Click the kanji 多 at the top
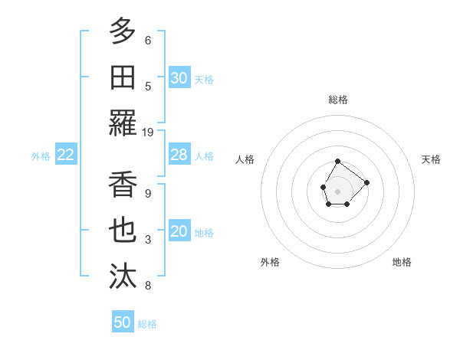click(x=123, y=31)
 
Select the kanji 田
click(x=123, y=77)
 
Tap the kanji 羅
click(x=123, y=123)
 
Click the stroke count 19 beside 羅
click(x=148, y=132)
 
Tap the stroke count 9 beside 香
click(x=148, y=194)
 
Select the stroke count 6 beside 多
click(x=148, y=40)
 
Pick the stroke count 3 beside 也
click(x=148, y=240)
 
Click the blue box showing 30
click(x=179, y=77)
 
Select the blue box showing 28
click(x=179, y=155)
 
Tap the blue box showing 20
click(x=179, y=232)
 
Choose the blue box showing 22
click(x=66, y=155)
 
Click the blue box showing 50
click(x=123, y=322)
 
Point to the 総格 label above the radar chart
click(x=338, y=100)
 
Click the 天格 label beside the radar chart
click(x=432, y=159)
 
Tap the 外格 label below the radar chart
click(x=270, y=262)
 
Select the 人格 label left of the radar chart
click(x=245, y=159)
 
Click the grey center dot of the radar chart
click(x=338, y=190)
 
